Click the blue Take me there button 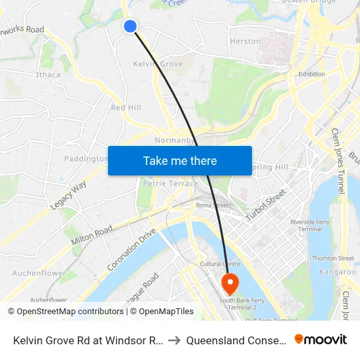180,160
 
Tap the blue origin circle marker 130,26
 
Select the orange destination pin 230,283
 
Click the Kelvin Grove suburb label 158,64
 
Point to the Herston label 245,41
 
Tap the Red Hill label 126,107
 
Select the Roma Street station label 212,206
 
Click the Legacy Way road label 68,196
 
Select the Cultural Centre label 217,264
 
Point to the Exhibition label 312,74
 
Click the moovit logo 321,339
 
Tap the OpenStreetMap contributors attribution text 66,312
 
